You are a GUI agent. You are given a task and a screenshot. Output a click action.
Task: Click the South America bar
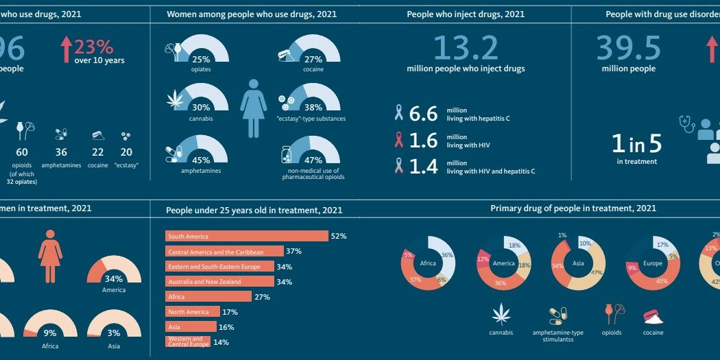pyautogui.click(x=247, y=236)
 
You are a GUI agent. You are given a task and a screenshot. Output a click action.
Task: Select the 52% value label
pyautogui.click(x=338, y=236)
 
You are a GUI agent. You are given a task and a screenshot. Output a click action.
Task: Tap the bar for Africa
pyautogui.click(x=209, y=296)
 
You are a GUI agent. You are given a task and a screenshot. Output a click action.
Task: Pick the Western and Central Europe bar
pyautogui.click(x=188, y=341)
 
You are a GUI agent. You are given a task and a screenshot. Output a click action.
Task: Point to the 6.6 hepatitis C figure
pyautogui.click(x=423, y=114)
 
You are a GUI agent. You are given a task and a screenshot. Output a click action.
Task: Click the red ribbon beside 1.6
pyautogui.click(x=398, y=141)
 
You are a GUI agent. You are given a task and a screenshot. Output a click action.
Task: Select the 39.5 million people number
pyautogui.click(x=628, y=48)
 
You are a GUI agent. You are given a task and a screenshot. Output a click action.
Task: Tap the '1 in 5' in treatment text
pyautogui.click(x=636, y=143)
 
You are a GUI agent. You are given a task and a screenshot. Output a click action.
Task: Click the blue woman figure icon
pyautogui.click(x=253, y=108)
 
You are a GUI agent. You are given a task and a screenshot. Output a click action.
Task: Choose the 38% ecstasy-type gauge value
pyautogui.click(x=313, y=108)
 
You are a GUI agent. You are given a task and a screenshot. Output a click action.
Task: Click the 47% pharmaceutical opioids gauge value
pyautogui.click(x=313, y=160)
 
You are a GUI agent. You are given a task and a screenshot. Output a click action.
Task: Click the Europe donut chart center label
pyautogui.click(x=652, y=263)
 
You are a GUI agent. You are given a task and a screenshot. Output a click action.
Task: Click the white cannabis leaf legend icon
pyautogui.click(x=501, y=315)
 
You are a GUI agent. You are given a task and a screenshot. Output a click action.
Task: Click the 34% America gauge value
pyautogui.click(x=114, y=279)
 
